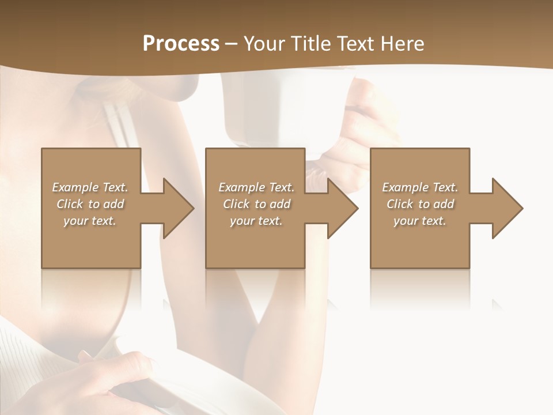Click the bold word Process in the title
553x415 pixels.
point(181,44)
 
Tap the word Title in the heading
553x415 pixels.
point(315,44)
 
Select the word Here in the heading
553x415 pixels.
point(402,44)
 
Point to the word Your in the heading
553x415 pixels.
point(266,44)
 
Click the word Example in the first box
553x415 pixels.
point(75,187)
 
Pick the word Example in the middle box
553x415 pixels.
point(241,187)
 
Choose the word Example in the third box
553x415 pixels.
point(405,187)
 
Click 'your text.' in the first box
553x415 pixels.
point(90,221)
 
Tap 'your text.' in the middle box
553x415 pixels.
point(256,221)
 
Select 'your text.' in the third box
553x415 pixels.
point(420,221)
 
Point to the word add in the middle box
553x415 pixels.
point(280,204)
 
